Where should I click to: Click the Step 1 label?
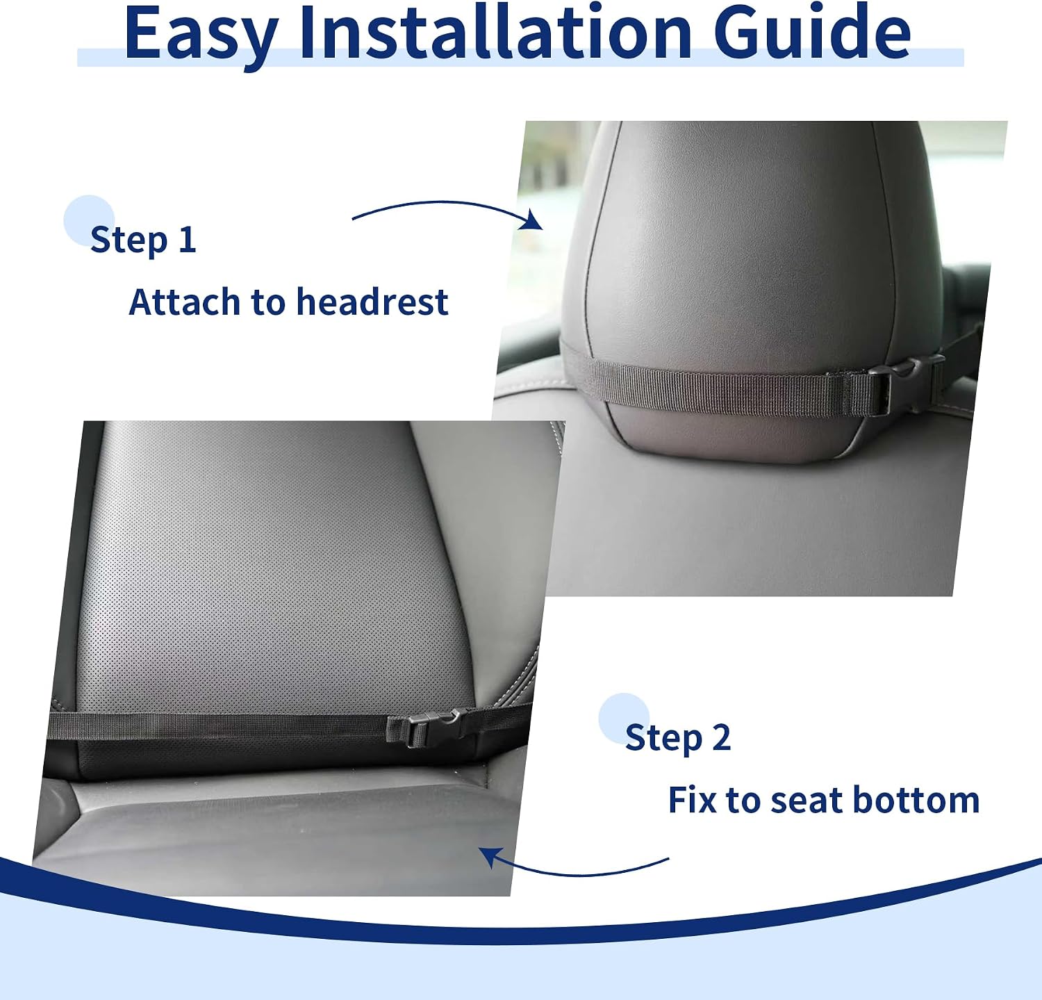click(143, 240)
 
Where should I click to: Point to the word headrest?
click(372, 302)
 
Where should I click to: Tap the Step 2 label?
click(678, 737)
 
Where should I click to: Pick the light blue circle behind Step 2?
click(624, 719)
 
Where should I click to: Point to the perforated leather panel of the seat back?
click(278, 570)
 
